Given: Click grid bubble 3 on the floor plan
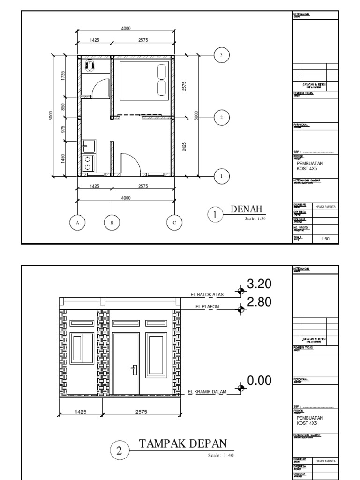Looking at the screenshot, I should point(222,55).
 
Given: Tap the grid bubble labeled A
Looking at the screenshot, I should point(78,223).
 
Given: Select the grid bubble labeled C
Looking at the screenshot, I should point(174,223).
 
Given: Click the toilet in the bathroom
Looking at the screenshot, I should point(90,65).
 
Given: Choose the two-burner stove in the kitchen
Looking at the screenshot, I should point(88,163).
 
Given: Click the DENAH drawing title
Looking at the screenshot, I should point(245,210).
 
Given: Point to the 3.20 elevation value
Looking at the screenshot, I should point(259,285).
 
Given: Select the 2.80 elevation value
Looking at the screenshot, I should point(259,302).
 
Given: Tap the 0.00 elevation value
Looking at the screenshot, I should point(259,381).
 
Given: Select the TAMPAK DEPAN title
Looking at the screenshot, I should point(183,443).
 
